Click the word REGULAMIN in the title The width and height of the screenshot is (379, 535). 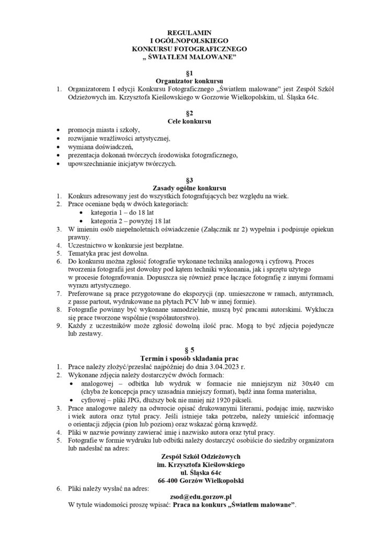click(190, 32)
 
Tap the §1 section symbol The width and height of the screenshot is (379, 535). click(190, 73)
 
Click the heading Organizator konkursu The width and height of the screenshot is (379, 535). click(190, 81)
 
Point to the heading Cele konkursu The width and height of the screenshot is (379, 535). click(190, 122)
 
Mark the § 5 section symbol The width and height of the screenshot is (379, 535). click(190, 350)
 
